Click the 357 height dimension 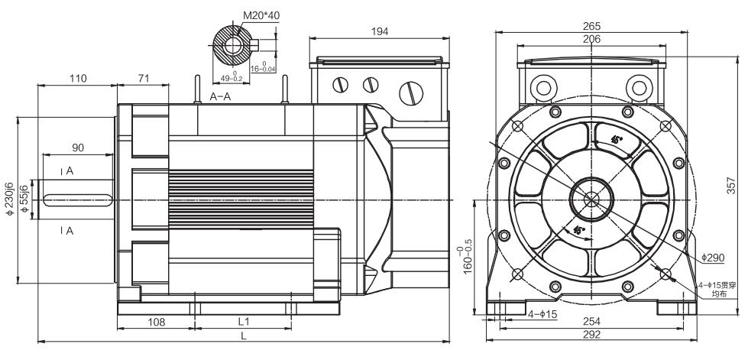(x=731, y=186)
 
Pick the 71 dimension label (x=142, y=78)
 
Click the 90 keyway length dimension (x=77, y=147)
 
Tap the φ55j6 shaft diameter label (x=25, y=199)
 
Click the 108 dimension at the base (x=156, y=322)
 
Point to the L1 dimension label (x=243, y=322)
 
